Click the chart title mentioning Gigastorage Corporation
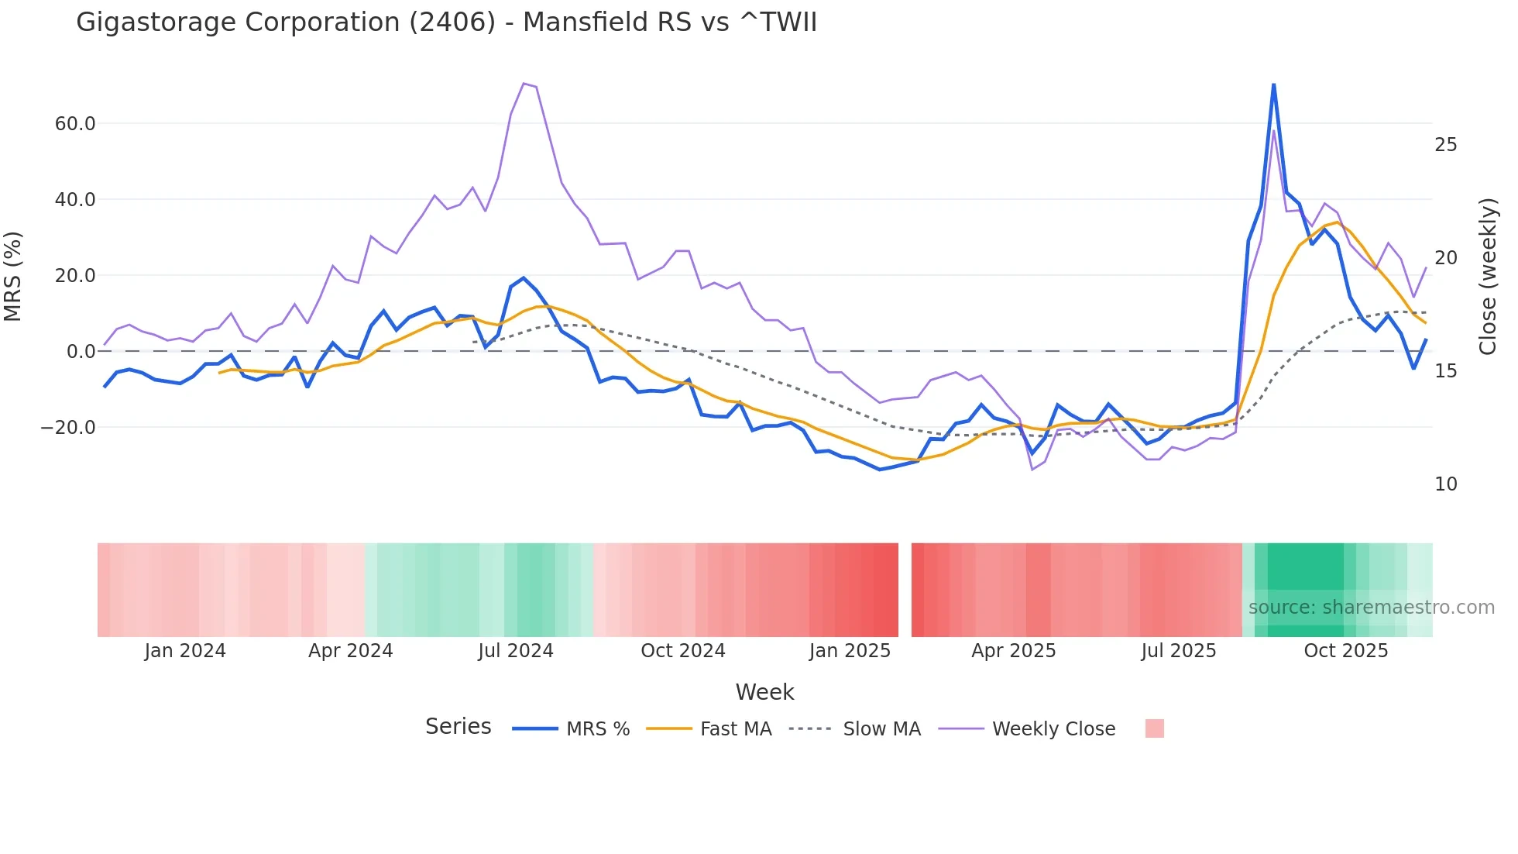click(446, 22)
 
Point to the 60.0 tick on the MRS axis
click(75, 124)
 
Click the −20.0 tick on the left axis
click(69, 428)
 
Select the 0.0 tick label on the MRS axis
click(81, 352)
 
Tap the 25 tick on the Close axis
click(1445, 146)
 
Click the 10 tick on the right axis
click(1445, 485)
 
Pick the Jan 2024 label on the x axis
click(185, 651)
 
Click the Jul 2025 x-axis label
click(1178, 651)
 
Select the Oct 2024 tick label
click(682, 651)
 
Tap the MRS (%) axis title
click(13, 277)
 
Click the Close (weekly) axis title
click(1488, 277)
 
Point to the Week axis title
click(764, 692)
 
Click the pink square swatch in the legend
click(1154, 728)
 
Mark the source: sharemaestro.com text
click(1371, 608)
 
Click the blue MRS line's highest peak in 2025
click(1273, 84)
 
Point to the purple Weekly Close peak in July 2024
click(524, 83)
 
